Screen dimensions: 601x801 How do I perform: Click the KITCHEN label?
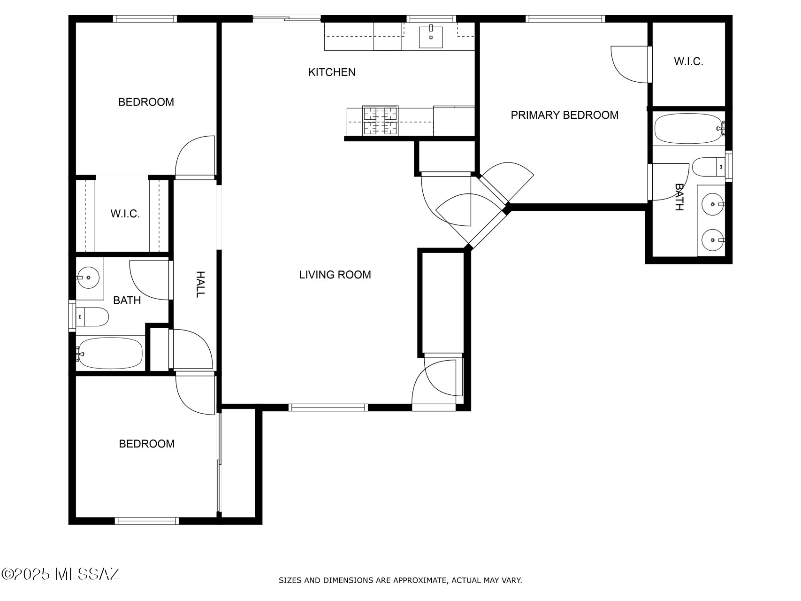332,72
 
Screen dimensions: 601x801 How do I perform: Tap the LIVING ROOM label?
335,275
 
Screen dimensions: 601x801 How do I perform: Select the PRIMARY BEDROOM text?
565,115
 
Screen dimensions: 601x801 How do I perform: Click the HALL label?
200,284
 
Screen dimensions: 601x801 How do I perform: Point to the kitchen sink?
431,37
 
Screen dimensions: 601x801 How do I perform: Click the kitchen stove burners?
381,121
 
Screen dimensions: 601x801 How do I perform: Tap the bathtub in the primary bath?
688,129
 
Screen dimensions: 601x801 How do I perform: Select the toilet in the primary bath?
707,167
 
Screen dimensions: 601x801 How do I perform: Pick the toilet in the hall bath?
93,317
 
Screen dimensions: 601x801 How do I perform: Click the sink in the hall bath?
88,278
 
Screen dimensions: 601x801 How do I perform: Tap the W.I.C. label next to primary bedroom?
688,62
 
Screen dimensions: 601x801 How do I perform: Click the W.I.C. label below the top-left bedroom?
125,214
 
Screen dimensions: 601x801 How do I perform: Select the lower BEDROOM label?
147,444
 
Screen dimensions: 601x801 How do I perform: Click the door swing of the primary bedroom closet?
629,63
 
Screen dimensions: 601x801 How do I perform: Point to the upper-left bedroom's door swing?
195,156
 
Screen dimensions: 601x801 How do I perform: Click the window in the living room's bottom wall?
328,408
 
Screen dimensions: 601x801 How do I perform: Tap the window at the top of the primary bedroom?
565,19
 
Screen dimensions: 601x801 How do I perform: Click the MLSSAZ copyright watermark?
61,574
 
